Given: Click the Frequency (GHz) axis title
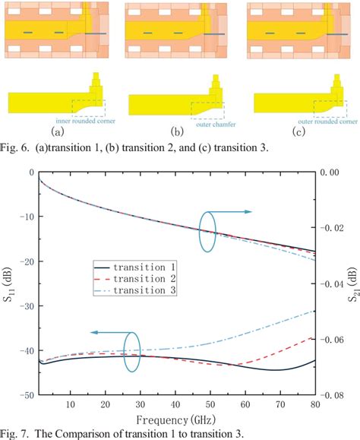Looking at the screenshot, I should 176,419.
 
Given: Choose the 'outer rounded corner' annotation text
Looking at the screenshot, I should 317,120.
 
